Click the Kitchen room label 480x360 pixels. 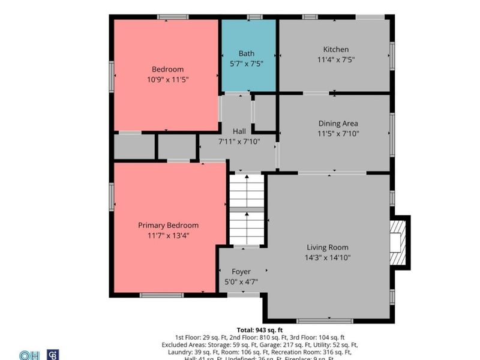click(335, 49)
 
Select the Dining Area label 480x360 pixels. click(338, 124)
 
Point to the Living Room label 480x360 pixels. click(327, 247)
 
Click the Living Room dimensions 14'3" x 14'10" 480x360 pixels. click(327, 257)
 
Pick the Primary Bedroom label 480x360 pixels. click(168, 225)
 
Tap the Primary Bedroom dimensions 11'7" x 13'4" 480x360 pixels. click(168, 235)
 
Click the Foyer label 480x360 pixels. click(241, 271)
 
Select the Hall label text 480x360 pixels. click(239, 131)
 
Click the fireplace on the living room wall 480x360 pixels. click(397, 241)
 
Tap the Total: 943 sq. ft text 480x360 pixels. click(260, 329)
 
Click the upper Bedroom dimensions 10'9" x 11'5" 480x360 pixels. click(167, 79)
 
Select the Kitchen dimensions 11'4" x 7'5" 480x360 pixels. click(335, 59)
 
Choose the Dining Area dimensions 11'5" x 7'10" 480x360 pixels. click(338, 134)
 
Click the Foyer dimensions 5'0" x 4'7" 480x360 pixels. click(241, 281)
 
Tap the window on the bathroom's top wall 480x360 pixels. click(254, 17)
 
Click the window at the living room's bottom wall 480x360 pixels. click(325, 320)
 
